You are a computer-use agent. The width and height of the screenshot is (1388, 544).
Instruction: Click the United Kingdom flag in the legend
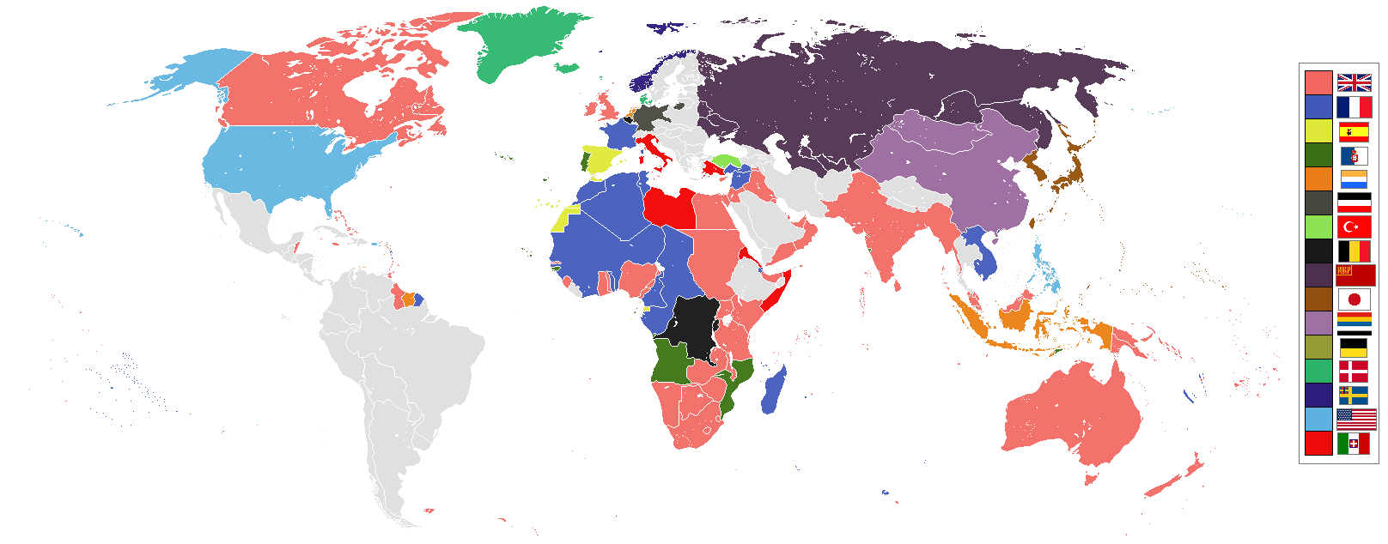coord(1354,82)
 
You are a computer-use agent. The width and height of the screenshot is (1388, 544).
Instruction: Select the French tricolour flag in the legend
coord(1354,107)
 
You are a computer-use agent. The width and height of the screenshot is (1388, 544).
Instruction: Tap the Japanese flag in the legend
coord(1354,299)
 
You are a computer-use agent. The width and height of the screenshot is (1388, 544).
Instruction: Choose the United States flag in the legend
coord(1356,420)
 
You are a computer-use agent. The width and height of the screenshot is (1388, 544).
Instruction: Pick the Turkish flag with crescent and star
coord(1354,227)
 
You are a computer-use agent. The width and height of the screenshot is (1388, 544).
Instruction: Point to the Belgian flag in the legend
coord(1354,251)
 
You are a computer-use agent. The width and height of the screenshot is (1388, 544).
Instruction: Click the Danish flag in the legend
coord(1354,372)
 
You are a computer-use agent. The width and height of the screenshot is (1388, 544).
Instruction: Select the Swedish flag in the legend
coord(1354,396)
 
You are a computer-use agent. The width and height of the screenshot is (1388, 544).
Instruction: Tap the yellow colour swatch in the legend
coord(1318,130)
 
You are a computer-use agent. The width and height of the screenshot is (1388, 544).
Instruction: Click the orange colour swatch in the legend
coord(1318,178)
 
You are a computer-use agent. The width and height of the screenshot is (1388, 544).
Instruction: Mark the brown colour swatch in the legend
coord(1318,299)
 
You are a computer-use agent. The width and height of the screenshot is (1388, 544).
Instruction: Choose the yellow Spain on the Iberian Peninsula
coord(605,159)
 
